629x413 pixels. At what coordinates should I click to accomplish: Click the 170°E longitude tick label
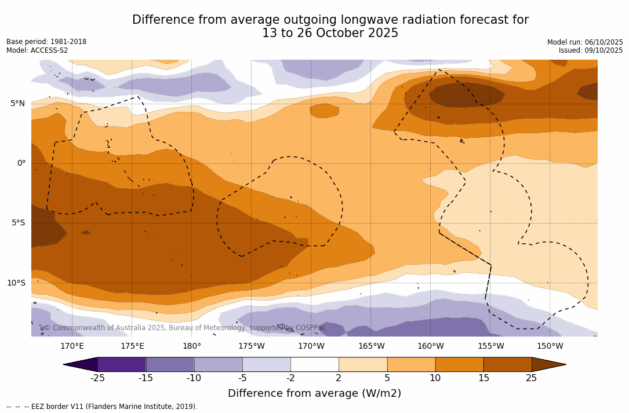click(x=72, y=346)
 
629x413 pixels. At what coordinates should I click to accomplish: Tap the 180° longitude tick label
click(x=192, y=346)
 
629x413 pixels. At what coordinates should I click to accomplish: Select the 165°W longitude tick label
click(x=371, y=346)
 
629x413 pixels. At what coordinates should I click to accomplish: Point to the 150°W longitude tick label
click(x=550, y=346)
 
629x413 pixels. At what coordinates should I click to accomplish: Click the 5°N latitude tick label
click(x=17, y=104)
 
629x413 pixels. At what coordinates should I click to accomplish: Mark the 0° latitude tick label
click(x=21, y=163)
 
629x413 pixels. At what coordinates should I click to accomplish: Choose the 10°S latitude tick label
click(x=16, y=283)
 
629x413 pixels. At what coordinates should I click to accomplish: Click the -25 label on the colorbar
click(x=97, y=378)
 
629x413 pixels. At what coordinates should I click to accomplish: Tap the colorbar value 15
click(x=483, y=378)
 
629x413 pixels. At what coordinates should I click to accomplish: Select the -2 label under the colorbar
click(x=290, y=378)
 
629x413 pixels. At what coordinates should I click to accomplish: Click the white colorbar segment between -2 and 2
click(x=314, y=364)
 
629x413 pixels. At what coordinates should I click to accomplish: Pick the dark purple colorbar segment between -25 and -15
click(x=122, y=364)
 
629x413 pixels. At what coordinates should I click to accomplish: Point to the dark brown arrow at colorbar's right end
click(x=548, y=364)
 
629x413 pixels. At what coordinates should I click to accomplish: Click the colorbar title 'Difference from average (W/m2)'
click(x=314, y=393)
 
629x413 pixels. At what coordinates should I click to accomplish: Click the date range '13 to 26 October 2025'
click(x=330, y=33)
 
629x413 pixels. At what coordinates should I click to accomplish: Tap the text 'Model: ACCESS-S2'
click(x=37, y=50)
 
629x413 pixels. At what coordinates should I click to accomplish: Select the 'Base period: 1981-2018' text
click(x=46, y=42)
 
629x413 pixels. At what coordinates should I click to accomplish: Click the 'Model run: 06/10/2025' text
click(x=585, y=42)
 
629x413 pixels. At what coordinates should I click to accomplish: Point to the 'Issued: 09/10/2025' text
click(x=591, y=50)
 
